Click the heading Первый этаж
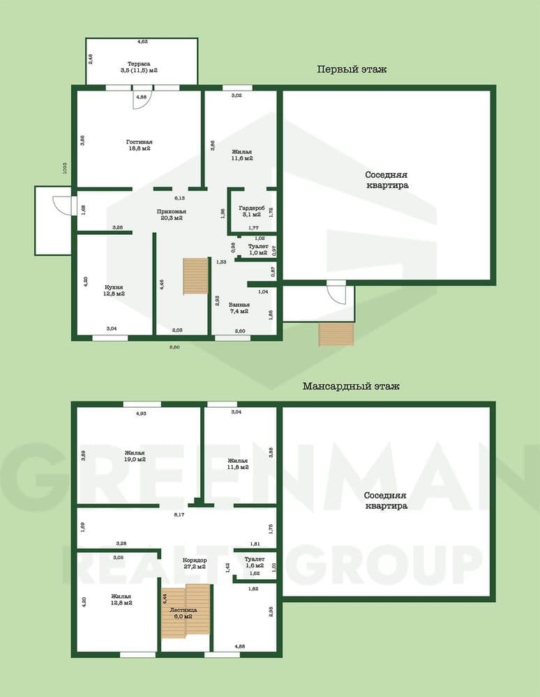pos(352,70)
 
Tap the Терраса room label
pos(138,66)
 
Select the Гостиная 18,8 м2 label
pos(140,145)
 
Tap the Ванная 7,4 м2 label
pos(239,307)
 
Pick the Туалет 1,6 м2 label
pos(255,562)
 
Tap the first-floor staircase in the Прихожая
pos(196,276)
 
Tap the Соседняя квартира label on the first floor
pos(387,180)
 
